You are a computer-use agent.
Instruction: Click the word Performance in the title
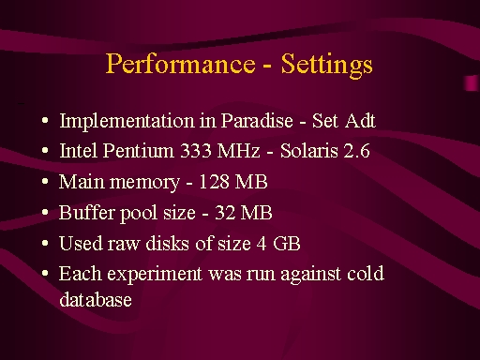click(181, 64)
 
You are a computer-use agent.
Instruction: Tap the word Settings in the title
click(327, 65)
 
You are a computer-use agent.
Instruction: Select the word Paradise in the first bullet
click(257, 120)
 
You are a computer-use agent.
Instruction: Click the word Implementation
click(127, 122)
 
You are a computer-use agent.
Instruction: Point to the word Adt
click(360, 120)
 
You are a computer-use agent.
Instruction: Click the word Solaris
click(309, 151)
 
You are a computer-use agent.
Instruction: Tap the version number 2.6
click(356, 151)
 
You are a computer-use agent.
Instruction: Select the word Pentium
click(138, 151)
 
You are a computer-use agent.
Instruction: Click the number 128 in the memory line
click(214, 182)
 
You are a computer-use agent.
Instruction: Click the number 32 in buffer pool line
click(225, 213)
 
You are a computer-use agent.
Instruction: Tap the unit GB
click(287, 244)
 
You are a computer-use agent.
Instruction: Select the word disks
click(168, 244)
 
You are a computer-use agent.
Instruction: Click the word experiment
click(155, 275)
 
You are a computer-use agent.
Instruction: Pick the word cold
click(366, 274)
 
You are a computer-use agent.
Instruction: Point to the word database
click(96, 299)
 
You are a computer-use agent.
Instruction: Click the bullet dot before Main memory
click(45, 182)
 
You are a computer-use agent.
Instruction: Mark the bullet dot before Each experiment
click(45, 274)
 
